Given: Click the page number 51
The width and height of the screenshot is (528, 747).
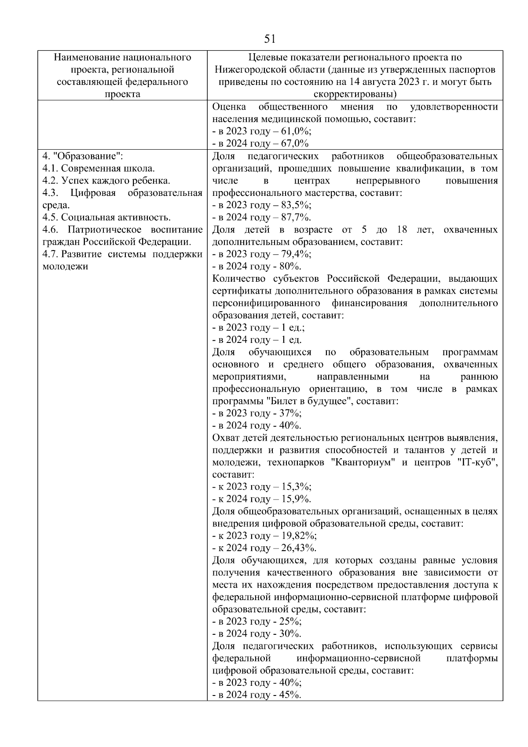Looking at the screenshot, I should pos(270,39).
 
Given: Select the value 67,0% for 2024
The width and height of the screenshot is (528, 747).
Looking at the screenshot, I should pos(295,144).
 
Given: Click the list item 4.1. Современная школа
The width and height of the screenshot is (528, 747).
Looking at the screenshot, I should pos(99,168).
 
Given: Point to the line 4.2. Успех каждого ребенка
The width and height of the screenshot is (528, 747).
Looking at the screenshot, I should pos(106,180).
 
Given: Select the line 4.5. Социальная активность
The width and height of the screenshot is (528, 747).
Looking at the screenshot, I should pos(106,217).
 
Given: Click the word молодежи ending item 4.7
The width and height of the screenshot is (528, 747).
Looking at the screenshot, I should pos(65,266).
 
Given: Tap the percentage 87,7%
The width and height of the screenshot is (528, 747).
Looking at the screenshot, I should pos(297,217).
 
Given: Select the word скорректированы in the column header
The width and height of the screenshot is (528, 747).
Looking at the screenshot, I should pos(355,94).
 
